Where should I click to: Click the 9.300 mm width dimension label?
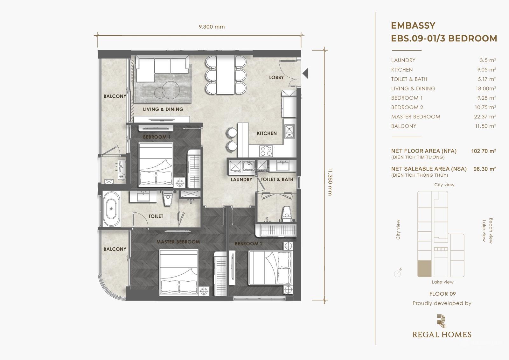212,27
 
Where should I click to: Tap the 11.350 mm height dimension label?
330,182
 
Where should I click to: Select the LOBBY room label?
276,77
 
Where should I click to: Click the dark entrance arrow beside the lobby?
305,74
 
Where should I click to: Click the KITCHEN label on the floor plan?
267,133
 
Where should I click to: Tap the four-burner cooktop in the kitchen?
266,151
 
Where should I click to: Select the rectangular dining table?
226,75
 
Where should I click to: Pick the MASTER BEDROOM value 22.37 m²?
485,117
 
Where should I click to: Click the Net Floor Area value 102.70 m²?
484,151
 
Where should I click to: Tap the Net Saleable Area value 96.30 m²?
485,169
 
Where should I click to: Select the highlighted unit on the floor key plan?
424,269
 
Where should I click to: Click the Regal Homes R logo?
441,321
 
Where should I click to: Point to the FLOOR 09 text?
443,294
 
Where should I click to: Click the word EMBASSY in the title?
413,25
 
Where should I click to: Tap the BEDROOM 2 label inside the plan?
248,244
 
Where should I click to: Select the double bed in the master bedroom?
178,272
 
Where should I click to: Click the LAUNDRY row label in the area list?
403,60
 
